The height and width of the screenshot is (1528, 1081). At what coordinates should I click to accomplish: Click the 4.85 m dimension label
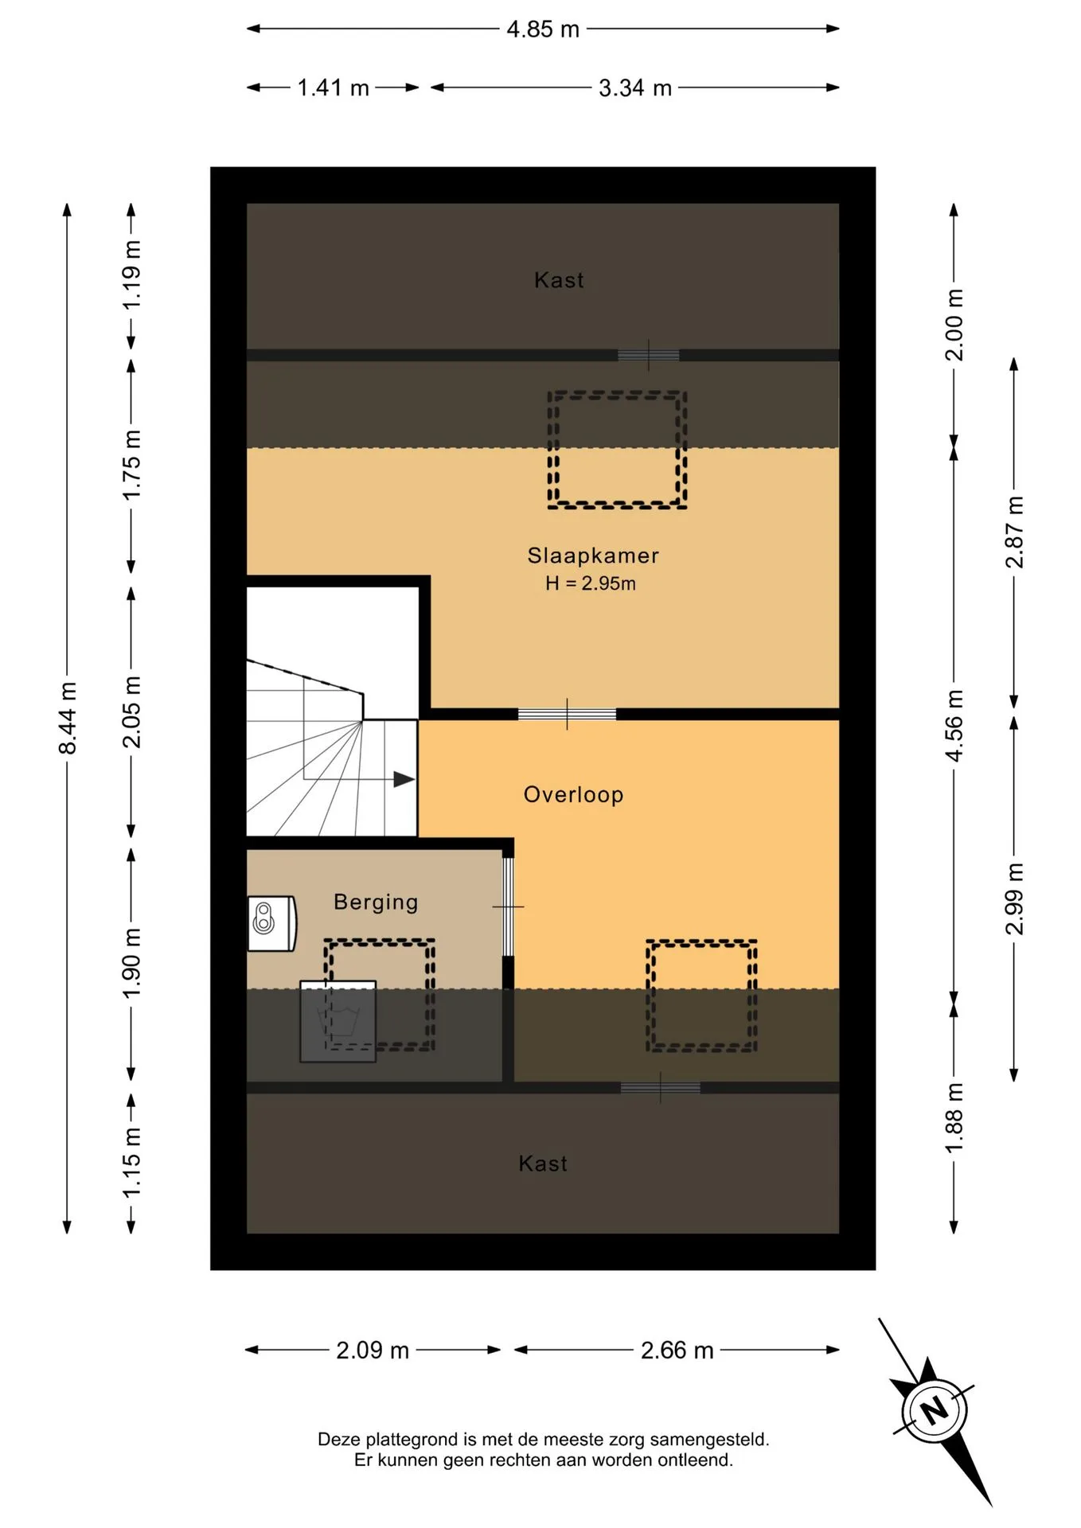coord(543,29)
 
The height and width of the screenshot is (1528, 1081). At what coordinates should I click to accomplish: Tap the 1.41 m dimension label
coord(333,88)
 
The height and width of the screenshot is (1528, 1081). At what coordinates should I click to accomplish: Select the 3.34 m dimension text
coord(635,88)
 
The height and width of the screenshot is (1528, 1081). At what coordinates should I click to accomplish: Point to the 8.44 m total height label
coord(68,718)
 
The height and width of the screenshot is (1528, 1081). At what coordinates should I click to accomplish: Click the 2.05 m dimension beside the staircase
coord(131,711)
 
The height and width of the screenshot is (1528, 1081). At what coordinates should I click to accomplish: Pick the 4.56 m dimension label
coord(954,726)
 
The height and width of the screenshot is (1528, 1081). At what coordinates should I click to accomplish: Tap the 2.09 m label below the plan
coord(373,1351)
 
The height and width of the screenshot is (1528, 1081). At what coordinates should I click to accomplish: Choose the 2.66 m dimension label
coord(677,1351)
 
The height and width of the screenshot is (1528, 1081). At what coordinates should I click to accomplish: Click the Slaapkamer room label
coord(593,555)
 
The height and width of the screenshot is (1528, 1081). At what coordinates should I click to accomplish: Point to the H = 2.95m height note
coord(591,583)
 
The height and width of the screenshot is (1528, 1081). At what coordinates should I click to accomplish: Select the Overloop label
coord(573,794)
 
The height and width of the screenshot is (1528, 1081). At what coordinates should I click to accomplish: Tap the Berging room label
coord(376,902)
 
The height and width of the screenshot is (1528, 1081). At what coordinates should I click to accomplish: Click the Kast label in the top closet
coord(559,280)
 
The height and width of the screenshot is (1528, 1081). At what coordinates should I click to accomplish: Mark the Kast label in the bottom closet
coord(543,1164)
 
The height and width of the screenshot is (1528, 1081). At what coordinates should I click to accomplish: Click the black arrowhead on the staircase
coord(404,779)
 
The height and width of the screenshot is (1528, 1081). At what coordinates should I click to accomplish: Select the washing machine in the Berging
coord(338,1022)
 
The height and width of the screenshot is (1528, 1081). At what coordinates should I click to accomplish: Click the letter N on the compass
coord(935,1410)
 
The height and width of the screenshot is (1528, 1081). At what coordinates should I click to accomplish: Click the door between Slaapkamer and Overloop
coord(567,714)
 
